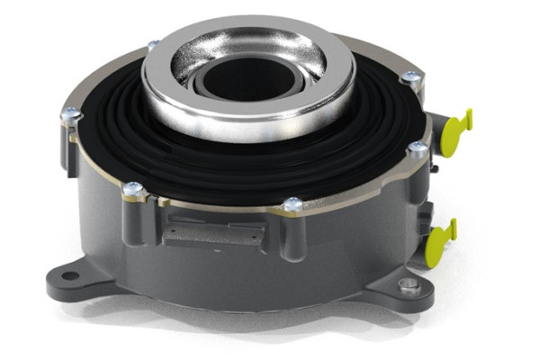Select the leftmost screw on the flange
pos(70,115)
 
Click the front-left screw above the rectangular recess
pos(132,190)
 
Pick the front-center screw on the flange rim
pos(292,206)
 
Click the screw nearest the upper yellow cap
pos(410,79)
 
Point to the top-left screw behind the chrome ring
pos(154,45)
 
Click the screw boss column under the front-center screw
pos(293,238)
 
